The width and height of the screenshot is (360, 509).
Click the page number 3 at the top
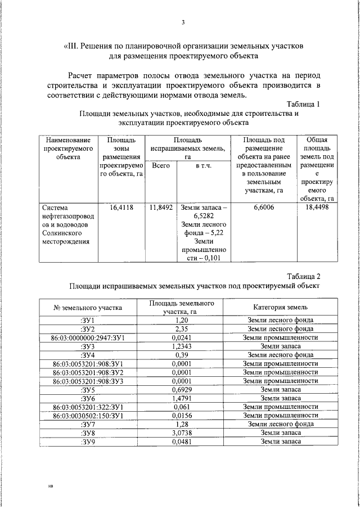click(183, 22)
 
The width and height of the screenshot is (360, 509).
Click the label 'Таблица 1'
click(303, 104)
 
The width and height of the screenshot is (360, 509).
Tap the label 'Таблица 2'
click(303, 276)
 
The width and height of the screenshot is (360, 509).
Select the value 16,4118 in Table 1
click(121, 208)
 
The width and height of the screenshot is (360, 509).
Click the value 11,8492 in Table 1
click(161, 208)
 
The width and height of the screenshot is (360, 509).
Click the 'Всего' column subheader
click(161, 166)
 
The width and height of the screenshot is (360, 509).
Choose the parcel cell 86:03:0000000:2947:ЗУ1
click(87, 337)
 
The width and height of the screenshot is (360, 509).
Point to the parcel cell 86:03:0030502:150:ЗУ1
click(87, 416)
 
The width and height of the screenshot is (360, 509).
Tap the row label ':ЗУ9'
click(87, 442)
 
